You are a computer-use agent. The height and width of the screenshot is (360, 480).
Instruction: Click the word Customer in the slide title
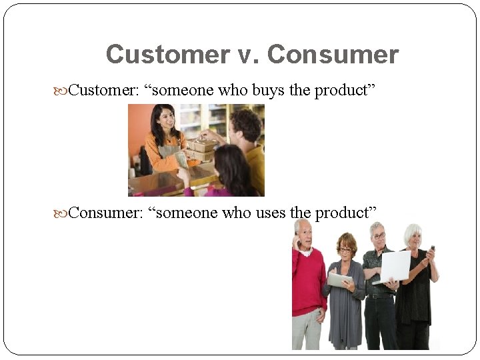(x=167, y=55)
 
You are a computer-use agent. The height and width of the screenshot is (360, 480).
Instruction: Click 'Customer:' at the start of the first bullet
(x=103, y=91)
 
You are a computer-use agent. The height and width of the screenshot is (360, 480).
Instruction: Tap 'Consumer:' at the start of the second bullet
(x=105, y=213)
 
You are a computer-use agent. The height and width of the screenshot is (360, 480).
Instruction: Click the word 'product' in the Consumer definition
(x=351, y=213)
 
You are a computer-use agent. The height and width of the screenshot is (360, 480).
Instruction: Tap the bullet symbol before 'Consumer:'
(x=61, y=213)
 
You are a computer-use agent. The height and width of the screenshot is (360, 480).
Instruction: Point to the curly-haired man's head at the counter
(x=245, y=125)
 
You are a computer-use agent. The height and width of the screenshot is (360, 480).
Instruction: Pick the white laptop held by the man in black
(x=395, y=266)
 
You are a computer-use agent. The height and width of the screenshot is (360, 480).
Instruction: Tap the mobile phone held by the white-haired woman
(x=432, y=249)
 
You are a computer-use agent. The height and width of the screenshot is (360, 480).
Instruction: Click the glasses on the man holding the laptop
(x=379, y=235)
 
